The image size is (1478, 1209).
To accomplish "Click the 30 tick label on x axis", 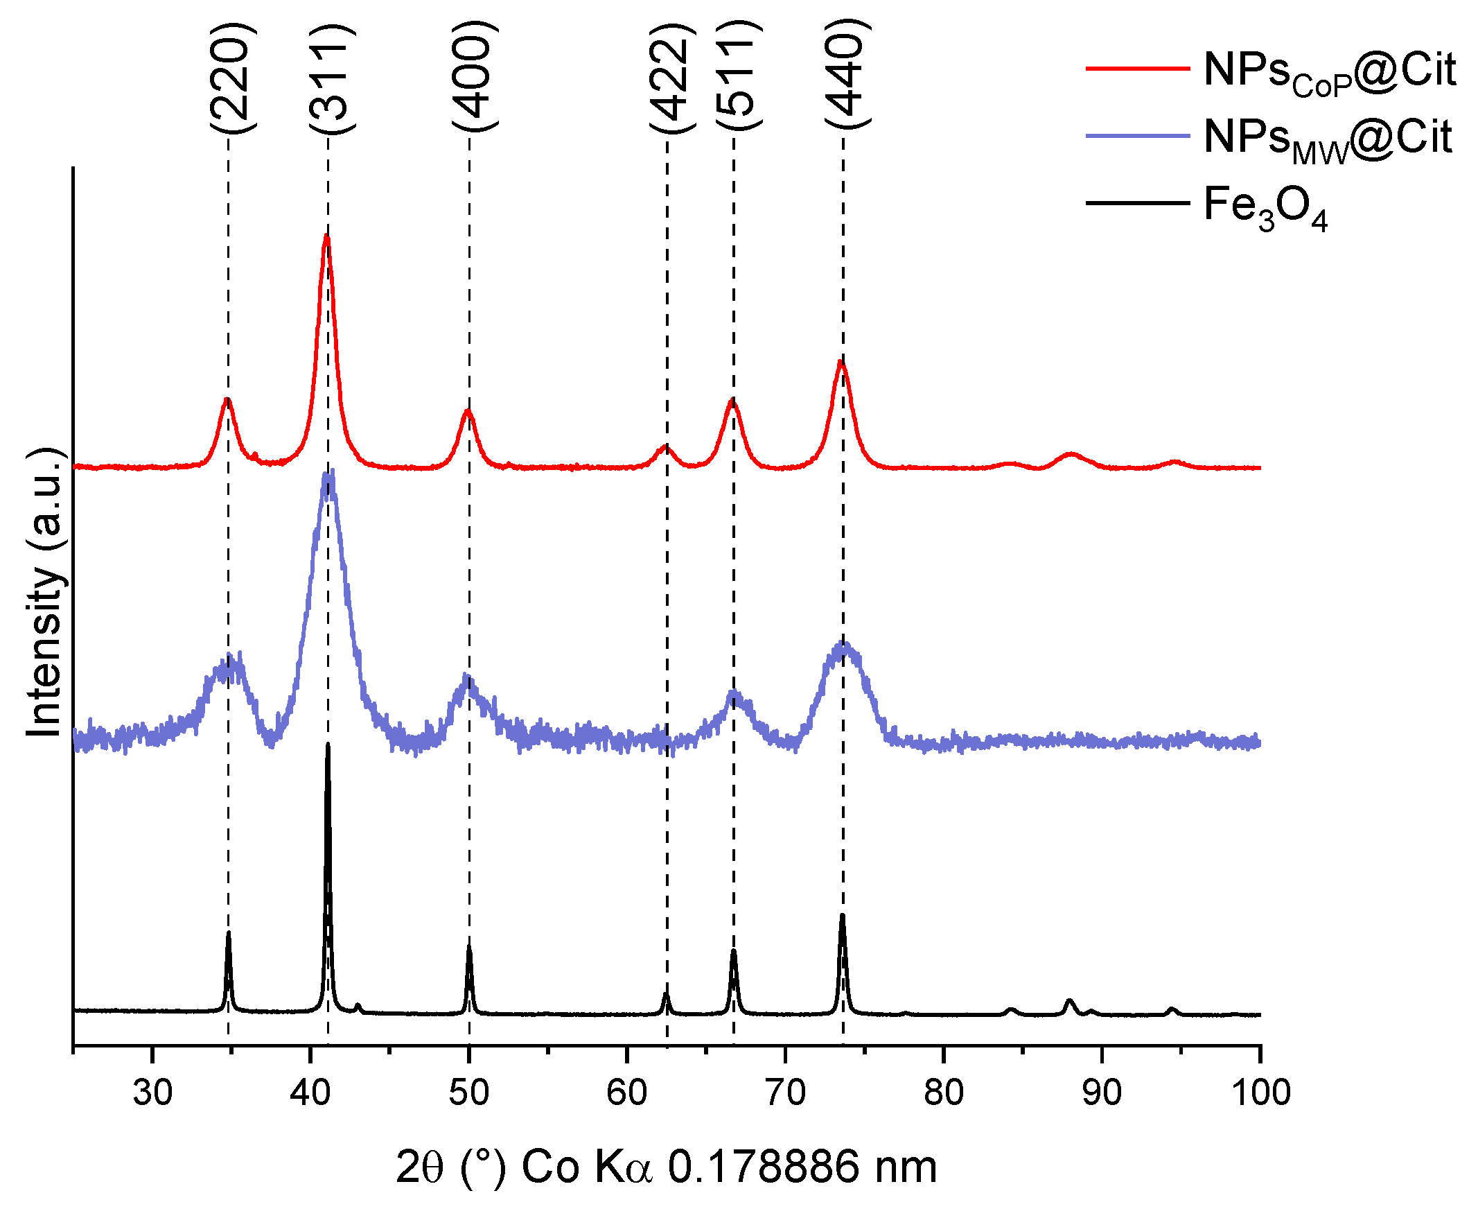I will (152, 1093).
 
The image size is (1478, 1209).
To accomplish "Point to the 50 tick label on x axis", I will (468, 1093).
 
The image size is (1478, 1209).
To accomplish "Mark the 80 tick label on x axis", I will (943, 1093).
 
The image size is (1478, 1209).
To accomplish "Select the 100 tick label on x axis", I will (1260, 1093).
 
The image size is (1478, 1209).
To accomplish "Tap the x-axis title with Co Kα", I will (667, 1168).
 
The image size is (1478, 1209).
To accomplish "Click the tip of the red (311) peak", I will (326, 237).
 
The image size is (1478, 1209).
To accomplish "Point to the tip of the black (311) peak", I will (328, 745).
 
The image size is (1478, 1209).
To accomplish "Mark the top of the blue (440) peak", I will (844, 645).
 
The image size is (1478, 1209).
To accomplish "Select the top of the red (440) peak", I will (841, 361).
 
